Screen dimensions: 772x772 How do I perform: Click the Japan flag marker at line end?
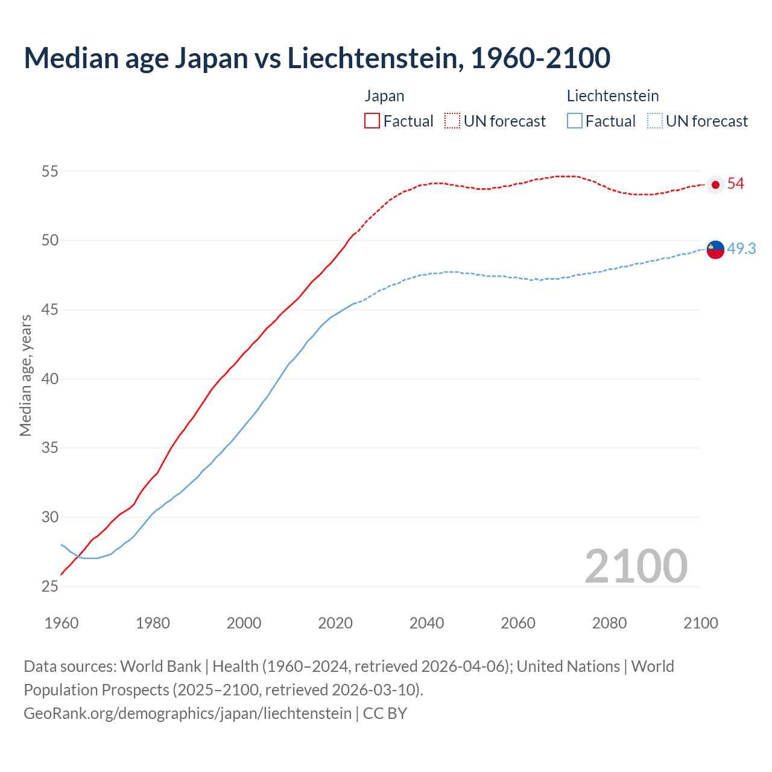coord(715,185)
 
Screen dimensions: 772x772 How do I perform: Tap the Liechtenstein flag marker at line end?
coord(715,248)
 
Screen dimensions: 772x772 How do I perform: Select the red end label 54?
coord(736,184)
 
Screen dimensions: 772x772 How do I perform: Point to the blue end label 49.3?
coord(741,248)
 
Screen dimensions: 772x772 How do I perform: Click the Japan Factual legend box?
coord(372,121)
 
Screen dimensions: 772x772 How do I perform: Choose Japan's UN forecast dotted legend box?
coord(452,121)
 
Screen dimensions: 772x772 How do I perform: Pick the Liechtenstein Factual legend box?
coord(575,121)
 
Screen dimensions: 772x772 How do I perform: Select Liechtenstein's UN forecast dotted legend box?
coord(655,121)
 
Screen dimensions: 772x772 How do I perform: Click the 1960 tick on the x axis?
coord(62,623)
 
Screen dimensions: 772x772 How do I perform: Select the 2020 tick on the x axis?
coord(335,623)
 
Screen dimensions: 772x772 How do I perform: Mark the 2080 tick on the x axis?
coord(609,623)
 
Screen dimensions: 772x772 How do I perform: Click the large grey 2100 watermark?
coord(636,566)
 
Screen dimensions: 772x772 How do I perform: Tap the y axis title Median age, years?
coord(25,375)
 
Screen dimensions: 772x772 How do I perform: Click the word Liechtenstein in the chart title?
coord(375,58)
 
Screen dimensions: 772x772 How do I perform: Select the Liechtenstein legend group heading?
coord(612,96)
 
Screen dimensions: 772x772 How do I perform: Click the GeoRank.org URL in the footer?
coord(187,713)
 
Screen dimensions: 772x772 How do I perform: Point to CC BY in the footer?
coord(385,713)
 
